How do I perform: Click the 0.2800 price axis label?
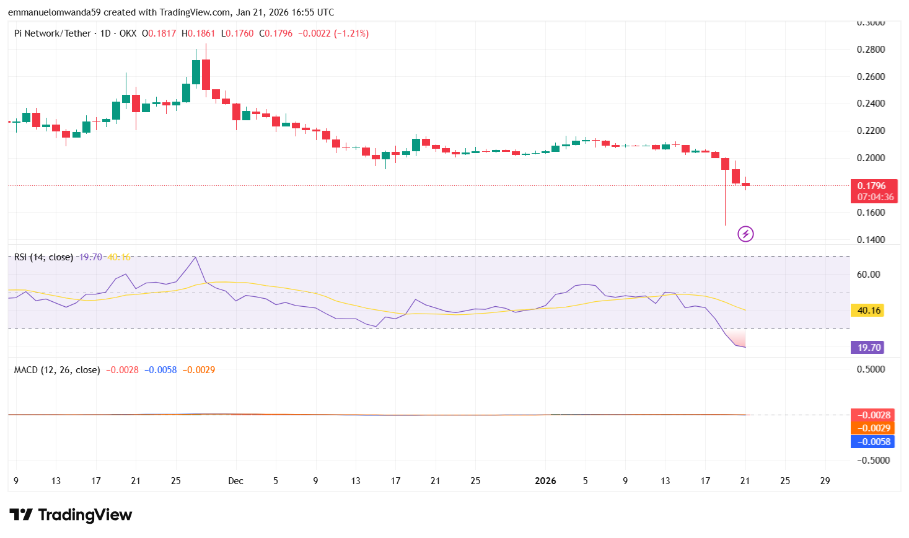tap(871, 50)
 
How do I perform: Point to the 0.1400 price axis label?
tap(871, 240)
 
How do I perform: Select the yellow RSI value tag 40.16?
tap(869, 311)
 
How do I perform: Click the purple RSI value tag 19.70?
tap(869, 348)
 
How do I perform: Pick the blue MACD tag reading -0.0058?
tap(874, 442)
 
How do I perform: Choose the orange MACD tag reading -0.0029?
tap(874, 428)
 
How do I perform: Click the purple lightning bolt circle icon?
tap(745, 234)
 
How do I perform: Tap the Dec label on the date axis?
tap(235, 481)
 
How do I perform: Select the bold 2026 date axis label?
tap(545, 481)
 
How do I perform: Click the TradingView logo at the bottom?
tap(71, 515)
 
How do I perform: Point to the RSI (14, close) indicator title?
tap(43, 257)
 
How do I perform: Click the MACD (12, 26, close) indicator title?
tap(57, 370)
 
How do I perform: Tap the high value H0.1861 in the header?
tap(198, 33)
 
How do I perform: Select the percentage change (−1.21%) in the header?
tap(351, 33)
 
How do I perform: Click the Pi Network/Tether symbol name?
tap(53, 33)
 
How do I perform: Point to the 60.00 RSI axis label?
tap(868, 275)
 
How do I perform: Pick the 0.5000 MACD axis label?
tap(871, 369)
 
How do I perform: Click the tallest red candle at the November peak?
tap(206, 74)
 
